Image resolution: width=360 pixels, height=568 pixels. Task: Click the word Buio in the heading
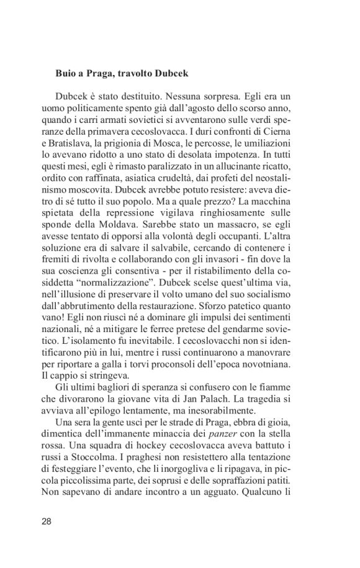pos(66,73)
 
